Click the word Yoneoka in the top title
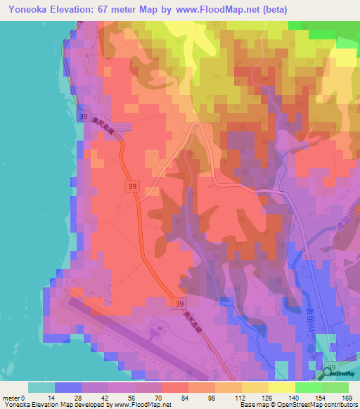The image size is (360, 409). (32, 9)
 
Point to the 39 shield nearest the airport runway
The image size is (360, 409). (177, 301)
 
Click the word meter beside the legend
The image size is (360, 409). (11, 397)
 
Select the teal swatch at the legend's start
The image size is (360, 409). (41, 387)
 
